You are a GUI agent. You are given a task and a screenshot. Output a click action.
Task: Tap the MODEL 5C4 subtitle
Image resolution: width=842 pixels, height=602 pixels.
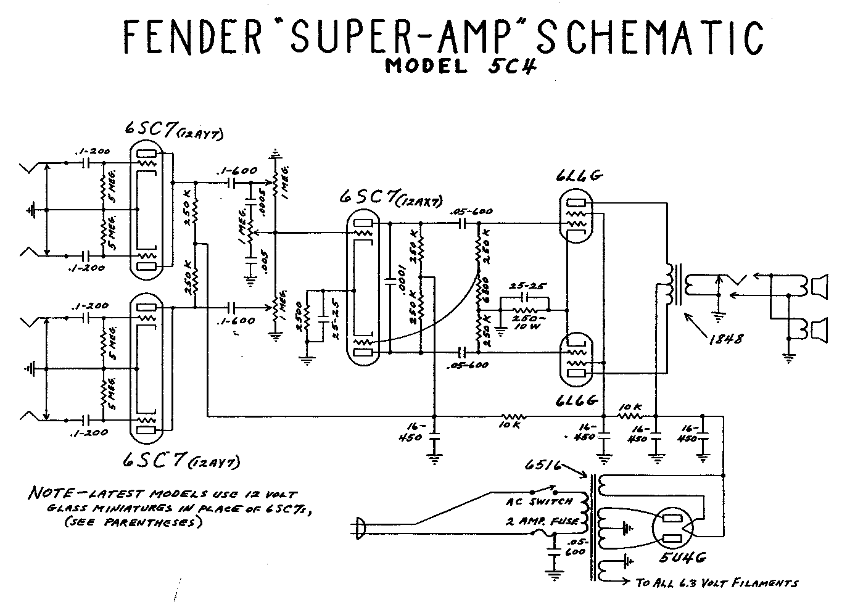460,66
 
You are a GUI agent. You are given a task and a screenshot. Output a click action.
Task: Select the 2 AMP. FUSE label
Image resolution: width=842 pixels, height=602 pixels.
542,522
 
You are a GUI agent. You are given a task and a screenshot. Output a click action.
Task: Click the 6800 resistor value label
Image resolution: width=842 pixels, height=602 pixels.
487,295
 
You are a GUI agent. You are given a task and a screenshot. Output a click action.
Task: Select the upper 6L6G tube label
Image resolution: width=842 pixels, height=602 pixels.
579,177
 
